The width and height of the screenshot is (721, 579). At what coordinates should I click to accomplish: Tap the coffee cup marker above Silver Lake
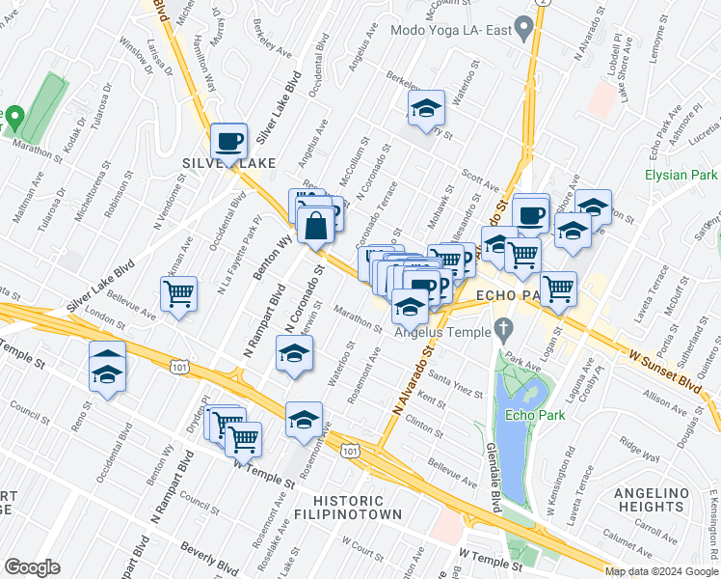(x=229, y=141)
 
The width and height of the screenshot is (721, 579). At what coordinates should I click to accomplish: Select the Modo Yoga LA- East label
(x=449, y=29)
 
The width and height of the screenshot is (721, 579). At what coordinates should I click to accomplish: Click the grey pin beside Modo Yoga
(x=523, y=30)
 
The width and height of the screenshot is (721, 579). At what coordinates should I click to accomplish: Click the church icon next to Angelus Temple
(x=502, y=331)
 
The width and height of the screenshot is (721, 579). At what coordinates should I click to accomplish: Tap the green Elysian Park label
(x=681, y=176)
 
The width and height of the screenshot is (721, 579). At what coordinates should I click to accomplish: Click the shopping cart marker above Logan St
(x=559, y=288)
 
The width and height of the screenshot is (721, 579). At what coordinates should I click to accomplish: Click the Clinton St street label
(x=424, y=423)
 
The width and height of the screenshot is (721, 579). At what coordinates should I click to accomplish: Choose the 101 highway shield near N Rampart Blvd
(x=178, y=366)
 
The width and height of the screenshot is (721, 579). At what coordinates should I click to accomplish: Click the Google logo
(x=32, y=567)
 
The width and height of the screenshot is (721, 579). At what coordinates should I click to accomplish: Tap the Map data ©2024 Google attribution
(x=660, y=571)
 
